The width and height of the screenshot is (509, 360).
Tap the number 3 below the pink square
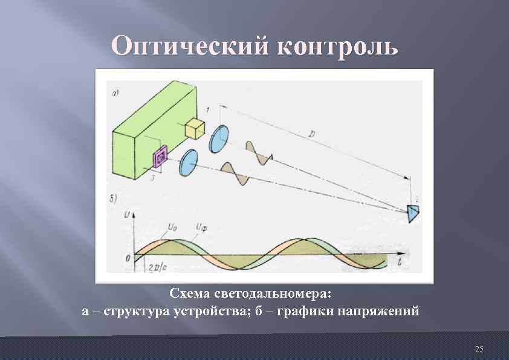[x=154, y=178]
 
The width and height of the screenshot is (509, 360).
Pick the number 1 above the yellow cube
[x=208, y=109]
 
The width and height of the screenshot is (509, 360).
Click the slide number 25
[x=479, y=349]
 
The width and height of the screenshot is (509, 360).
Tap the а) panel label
[x=115, y=94]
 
